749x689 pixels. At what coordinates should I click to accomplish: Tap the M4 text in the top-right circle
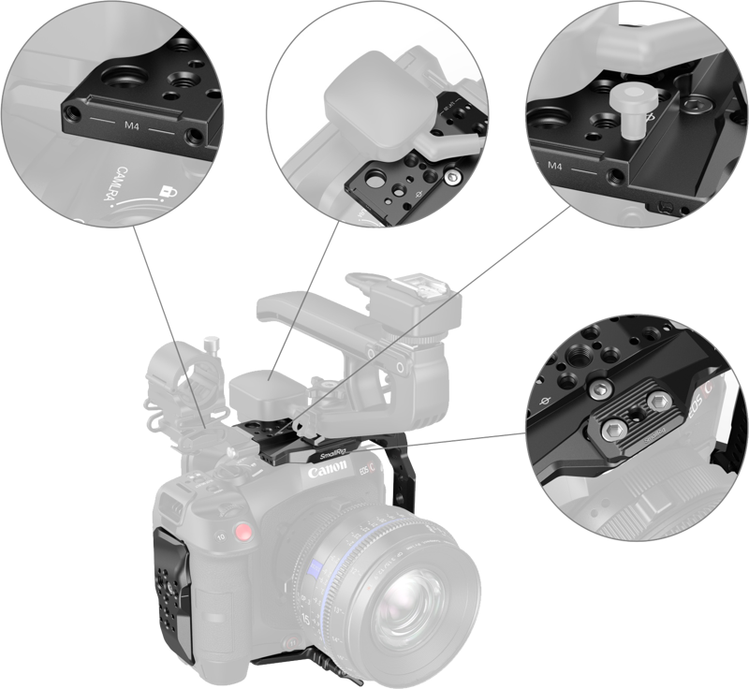coord(553,167)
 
